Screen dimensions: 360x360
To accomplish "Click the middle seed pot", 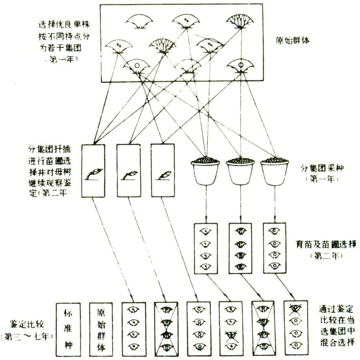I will (x=240, y=170).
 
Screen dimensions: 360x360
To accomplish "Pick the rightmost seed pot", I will (x=274, y=170).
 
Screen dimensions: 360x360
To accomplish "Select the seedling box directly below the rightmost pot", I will (x=274, y=249).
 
